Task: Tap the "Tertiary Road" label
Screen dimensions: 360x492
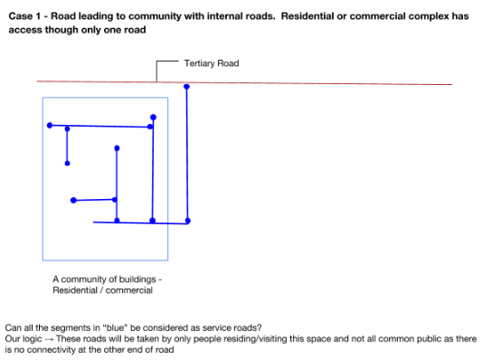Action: pos(211,63)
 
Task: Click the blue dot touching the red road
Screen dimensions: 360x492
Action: pos(186,87)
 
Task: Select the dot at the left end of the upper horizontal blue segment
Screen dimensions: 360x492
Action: pos(50,125)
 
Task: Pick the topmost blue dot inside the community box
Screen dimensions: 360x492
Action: pos(153,117)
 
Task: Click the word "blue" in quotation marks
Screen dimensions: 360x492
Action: pos(120,327)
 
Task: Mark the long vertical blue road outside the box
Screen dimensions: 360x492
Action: pos(186,154)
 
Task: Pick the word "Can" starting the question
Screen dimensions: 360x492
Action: pos(14,327)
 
